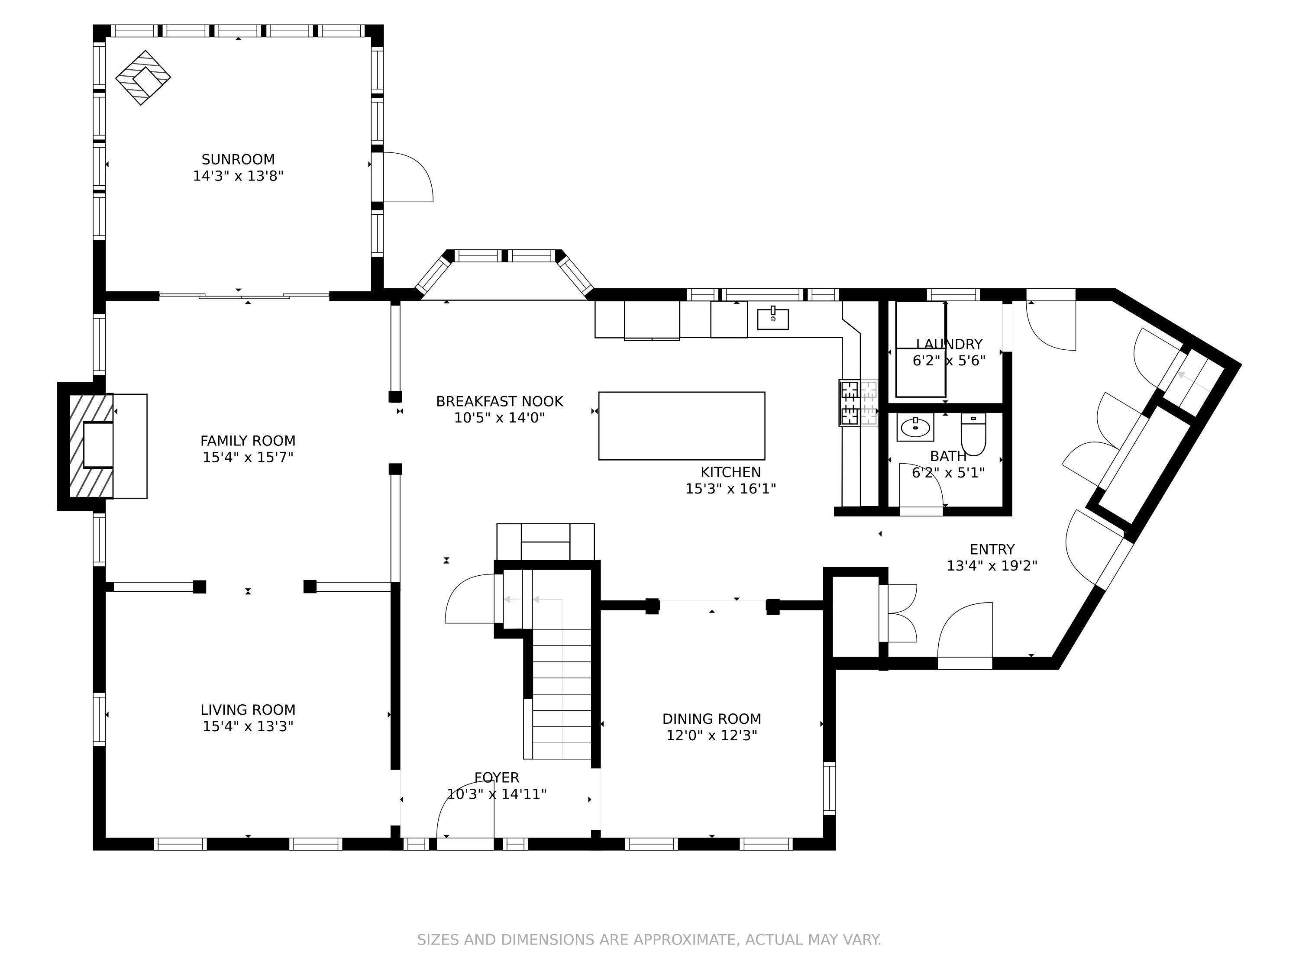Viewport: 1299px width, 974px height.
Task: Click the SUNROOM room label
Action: [x=238, y=159]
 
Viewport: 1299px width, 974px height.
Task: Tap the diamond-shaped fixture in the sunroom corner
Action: [x=143, y=78]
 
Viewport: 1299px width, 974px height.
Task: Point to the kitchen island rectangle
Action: [x=681, y=426]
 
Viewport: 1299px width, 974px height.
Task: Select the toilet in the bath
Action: [x=973, y=435]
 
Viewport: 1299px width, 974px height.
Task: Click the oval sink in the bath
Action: [x=915, y=427]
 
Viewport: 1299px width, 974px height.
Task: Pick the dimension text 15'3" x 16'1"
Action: [x=730, y=488]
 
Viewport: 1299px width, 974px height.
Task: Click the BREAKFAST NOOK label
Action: [x=499, y=402]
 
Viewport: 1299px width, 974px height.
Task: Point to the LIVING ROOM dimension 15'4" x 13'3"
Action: [x=248, y=726]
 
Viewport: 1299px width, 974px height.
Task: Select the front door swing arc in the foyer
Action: [x=464, y=807]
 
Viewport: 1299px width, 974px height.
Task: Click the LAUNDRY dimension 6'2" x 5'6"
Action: [x=948, y=361]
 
